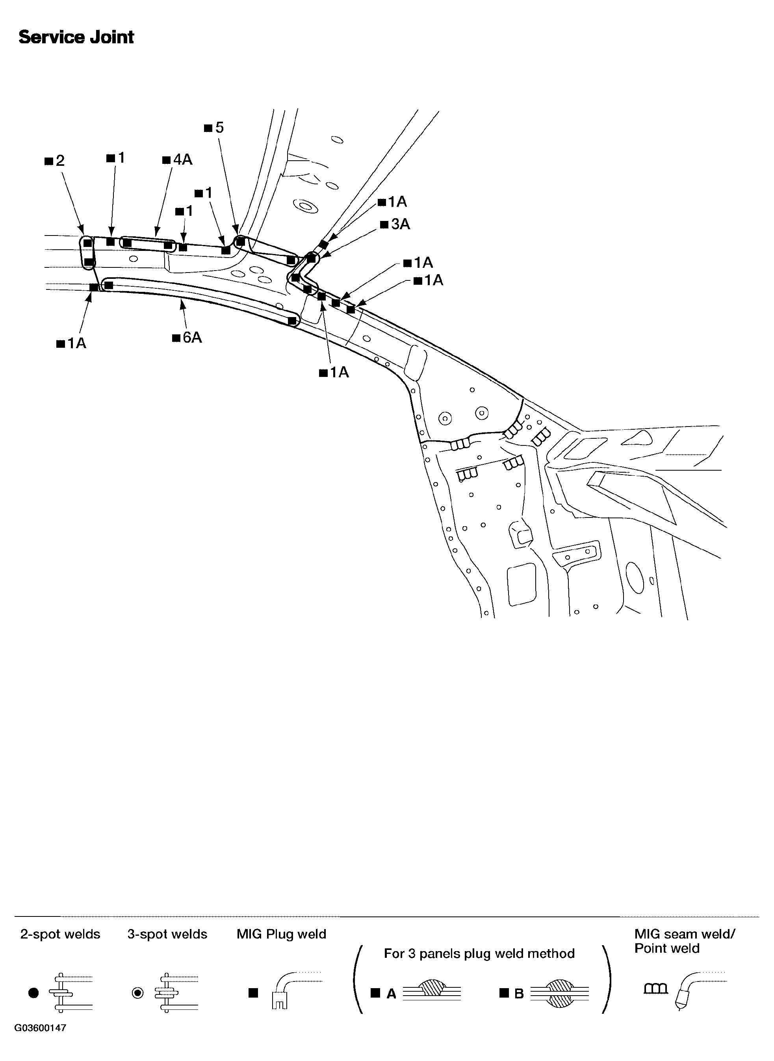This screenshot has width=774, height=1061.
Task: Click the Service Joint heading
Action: pyautogui.click(x=76, y=37)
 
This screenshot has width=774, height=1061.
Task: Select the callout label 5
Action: pyautogui.click(x=215, y=128)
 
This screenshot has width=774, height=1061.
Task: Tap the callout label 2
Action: pyautogui.click(x=55, y=161)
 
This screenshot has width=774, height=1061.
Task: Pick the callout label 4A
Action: pyautogui.click(x=178, y=160)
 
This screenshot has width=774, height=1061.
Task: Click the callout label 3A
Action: pyautogui.click(x=395, y=224)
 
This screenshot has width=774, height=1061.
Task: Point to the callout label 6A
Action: pyautogui.click(x=187, y=337)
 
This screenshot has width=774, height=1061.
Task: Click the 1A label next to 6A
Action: pyautogui.click(x=72, y=343)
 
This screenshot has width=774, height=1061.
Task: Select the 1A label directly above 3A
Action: pyautogui.click(x=393, y=202)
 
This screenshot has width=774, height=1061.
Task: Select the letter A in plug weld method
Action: pyautogui.click(x=391, y=994)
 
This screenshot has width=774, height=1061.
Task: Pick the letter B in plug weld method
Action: pyautogui.click(x=519, y=994)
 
